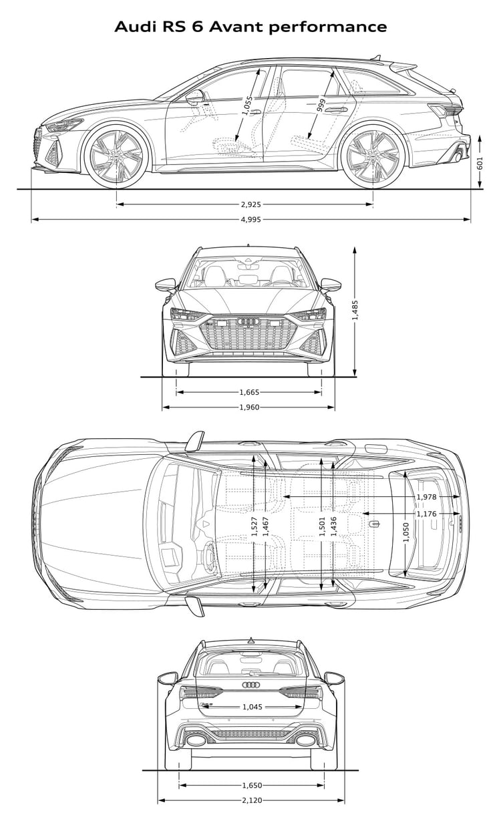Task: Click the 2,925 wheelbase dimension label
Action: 251,204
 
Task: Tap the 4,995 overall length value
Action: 251,220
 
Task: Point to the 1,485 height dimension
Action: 355,310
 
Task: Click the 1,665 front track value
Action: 249,392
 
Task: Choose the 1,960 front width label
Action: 249,407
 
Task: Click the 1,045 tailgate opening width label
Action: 253,707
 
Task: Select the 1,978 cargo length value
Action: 426,497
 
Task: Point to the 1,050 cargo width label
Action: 406,532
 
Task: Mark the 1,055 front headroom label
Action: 248,106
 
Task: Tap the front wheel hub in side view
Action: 116,156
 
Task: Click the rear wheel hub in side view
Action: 373,157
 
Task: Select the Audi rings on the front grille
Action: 248,321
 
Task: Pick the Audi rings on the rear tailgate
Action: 251,684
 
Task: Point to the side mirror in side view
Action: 195,97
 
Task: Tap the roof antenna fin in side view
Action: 377,57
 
